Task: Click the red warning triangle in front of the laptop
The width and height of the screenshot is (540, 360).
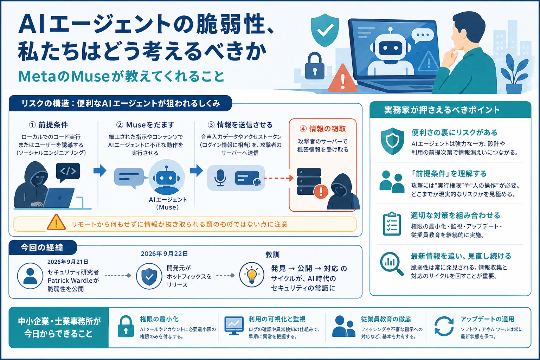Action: pos(342,78)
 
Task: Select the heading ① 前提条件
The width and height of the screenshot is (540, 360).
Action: pos(49,125)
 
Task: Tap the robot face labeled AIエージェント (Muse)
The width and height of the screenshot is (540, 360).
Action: pos(166,177)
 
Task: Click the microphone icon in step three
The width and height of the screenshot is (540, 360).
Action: pos(220,178)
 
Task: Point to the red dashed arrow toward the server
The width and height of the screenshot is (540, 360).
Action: pos(278,178)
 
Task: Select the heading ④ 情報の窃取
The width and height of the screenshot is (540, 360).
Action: pos(322,129)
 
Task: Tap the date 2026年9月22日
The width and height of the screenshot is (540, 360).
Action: pos(164,254)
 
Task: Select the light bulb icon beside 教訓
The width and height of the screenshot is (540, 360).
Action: pos(252,275)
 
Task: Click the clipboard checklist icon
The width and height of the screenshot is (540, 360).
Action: pos(392,224)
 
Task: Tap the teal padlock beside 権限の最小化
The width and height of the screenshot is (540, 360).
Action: pos(126,326)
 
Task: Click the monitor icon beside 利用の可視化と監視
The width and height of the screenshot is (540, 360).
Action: pos(234,326)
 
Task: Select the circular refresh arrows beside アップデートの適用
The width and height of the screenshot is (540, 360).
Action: pos(444,326)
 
